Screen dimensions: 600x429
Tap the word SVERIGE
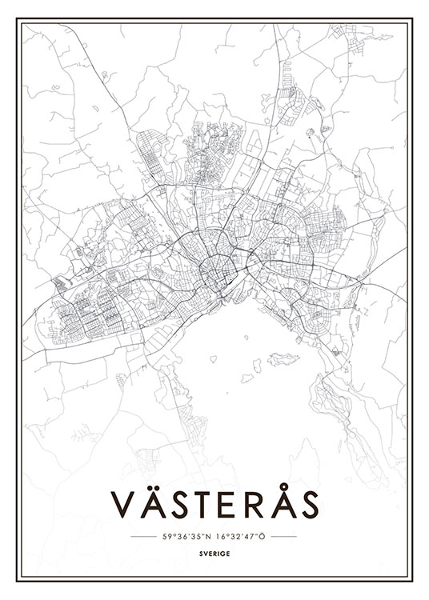coord(214,552)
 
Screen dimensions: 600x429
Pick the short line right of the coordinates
coord(285,537)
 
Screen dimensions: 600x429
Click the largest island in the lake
coord(281,358)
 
